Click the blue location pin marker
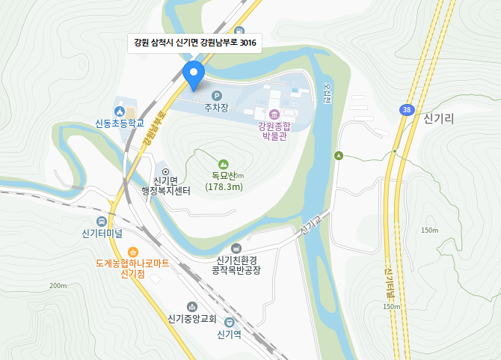coord(194,73)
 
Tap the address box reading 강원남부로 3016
coord(194,43)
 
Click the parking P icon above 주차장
coord(217,96)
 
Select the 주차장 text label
coord(216,109)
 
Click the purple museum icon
coord(274,114)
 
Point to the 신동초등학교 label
coord(119,123)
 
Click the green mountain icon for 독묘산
coord(223,164)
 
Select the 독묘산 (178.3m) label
coord(224,181)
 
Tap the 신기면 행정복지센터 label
coord(166,186)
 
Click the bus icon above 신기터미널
coord(102,221)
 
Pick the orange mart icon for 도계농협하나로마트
coord(132,252)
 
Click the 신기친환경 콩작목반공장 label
coord(236,265)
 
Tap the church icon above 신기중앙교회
coord(192,305)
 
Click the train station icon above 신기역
coord(228,322)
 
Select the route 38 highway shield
coord(406,110)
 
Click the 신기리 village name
coord(439,119)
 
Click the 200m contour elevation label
coord(58,285)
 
